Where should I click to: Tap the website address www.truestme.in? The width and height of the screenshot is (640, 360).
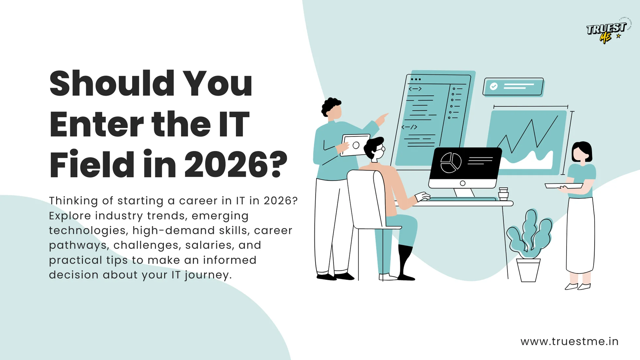[x=569, y=341]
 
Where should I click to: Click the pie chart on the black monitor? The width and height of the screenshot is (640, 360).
[x=451, y=162]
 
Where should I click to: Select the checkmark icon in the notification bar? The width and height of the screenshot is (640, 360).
[x=494, y=86]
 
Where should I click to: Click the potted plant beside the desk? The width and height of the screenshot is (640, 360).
[x=529, y=245]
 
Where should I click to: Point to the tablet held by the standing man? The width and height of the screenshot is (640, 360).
[x=355, y=145]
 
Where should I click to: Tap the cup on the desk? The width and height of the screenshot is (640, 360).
[x=503, y=193]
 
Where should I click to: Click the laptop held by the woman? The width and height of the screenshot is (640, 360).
[x=564, y=186]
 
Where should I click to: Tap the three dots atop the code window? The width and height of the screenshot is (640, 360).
[x=416, y=79]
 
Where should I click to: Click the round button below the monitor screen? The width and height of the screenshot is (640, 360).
[x=463, y=183]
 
